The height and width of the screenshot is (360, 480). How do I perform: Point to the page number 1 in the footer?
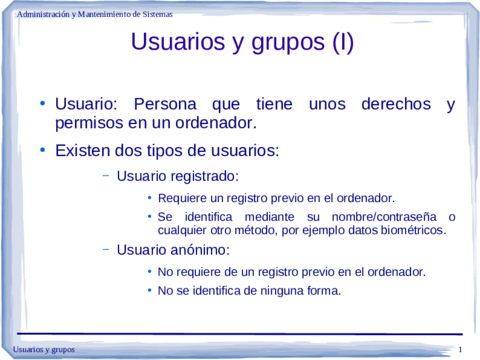point(459,348)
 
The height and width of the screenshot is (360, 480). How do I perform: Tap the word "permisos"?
point(88,123)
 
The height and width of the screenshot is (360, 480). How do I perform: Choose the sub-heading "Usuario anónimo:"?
point(159,250)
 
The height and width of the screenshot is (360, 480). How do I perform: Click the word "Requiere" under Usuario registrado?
point(182,198)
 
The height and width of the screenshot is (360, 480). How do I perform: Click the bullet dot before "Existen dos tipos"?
point(42,151)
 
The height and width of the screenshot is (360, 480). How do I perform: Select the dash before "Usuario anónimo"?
point(105,249)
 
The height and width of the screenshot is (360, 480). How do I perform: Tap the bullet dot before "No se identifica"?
point(149,291)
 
